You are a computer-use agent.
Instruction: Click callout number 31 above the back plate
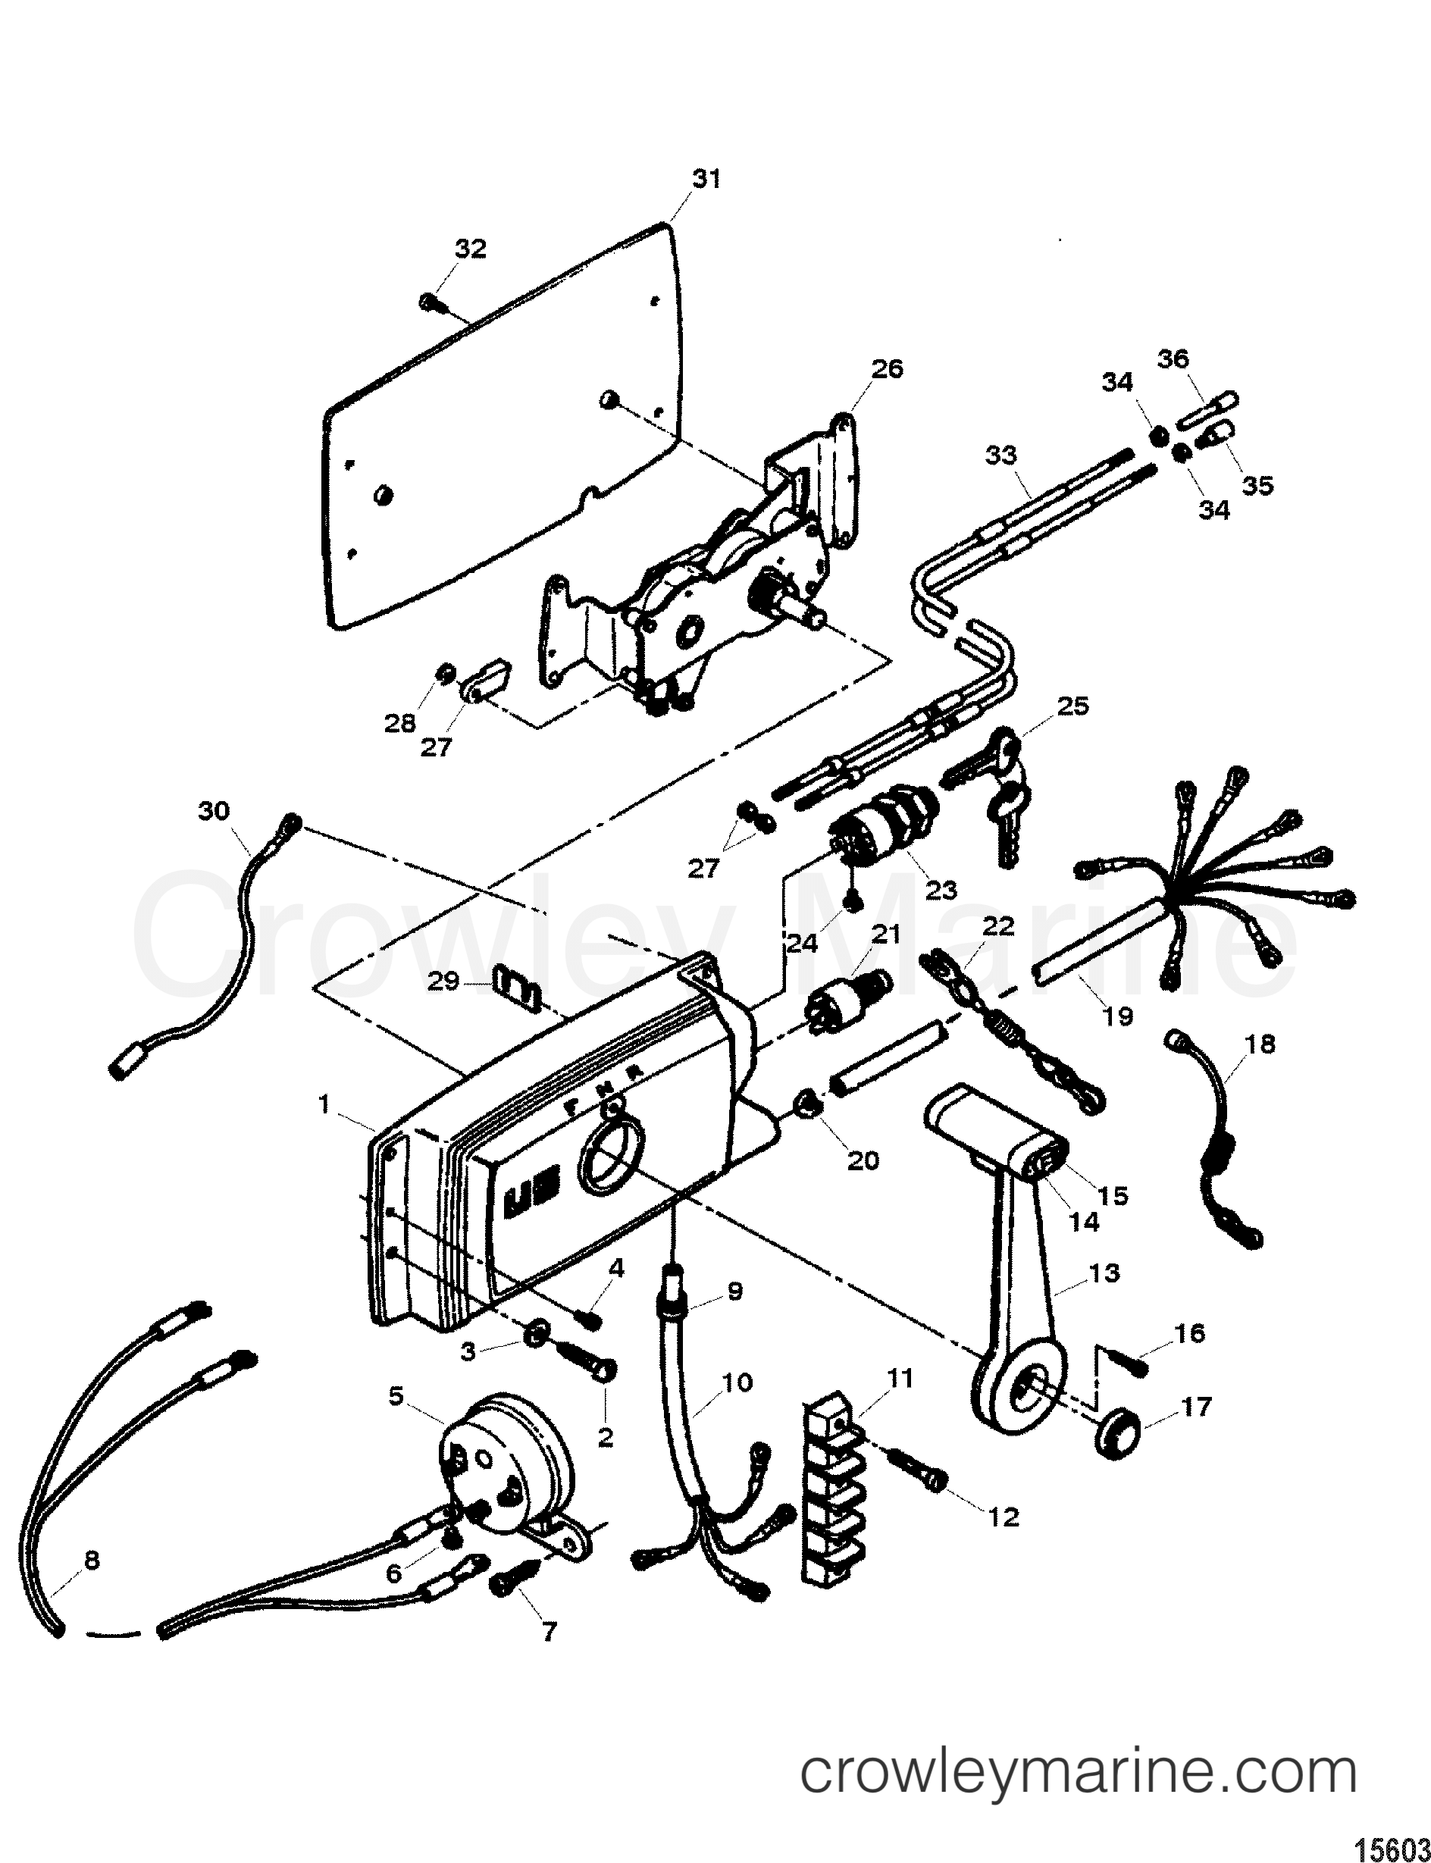[x=706, y=179]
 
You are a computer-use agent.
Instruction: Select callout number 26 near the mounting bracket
[x=886, y=369]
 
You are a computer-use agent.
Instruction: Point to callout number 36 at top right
[x=1172, y=359]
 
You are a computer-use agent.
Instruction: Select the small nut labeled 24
[x=852, y=902]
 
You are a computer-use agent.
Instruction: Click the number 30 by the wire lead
[x=214, y=810]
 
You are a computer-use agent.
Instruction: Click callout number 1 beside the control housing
[x=324, y=1104]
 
